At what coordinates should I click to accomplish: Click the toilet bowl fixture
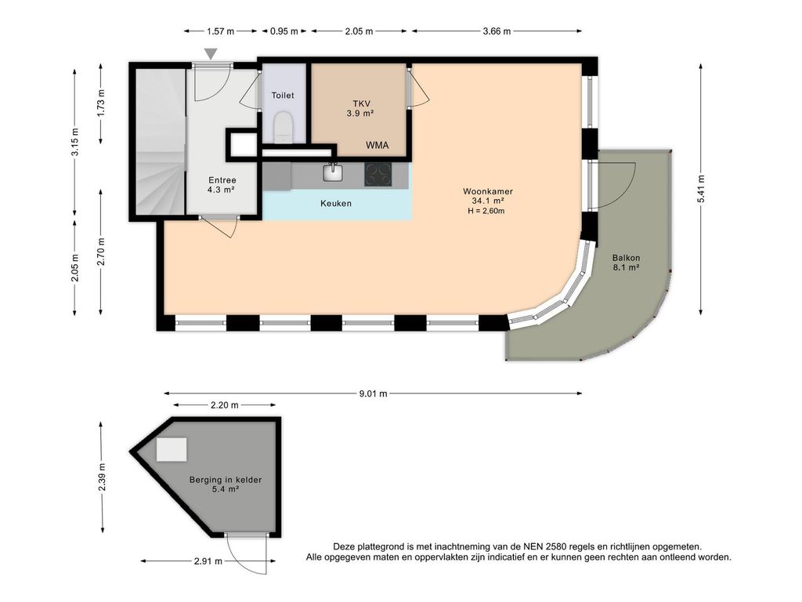[283, 128]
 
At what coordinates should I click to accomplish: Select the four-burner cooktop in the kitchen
[378, 174]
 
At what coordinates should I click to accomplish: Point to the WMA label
[377, 145]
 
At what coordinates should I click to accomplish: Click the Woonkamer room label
[488, 191]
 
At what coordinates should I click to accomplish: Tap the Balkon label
[626, 258]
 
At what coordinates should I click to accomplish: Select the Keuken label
[336, 203]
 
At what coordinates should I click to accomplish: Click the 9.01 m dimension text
[373, 393]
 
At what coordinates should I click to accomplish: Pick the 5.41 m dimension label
[701, 189]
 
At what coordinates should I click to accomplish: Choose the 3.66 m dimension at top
[497, 31]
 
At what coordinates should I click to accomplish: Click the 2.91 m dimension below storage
[208, 561]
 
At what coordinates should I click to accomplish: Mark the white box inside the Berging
[172, 449]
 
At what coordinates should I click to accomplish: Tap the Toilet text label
[283, 95]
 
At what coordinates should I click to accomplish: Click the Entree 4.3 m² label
[222, 185]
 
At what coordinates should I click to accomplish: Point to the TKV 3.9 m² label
[360, 108]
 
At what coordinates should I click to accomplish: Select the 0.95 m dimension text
[284, 31]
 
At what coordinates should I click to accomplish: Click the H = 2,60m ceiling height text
[486, 211]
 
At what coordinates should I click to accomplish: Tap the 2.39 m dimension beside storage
[102, 477]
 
